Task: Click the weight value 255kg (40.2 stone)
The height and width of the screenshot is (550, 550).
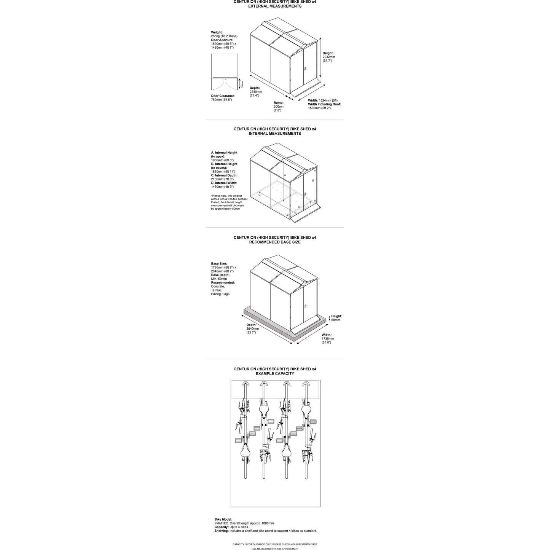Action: pyautogui.click(x=224, y=36)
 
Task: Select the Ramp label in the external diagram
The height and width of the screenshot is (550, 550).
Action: pyautogui.click(x=279, y=103)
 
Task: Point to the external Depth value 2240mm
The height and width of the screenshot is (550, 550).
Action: pyautogui.click(x=256, y=92)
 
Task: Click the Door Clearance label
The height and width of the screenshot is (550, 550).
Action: pyautogui.click(x=223, y=96)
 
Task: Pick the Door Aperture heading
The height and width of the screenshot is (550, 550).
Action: pyautogui.click(x=222, y=40)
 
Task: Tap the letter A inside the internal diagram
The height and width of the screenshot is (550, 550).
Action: pyautogui.click(x=285, y=175)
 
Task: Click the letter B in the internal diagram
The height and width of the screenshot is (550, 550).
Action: pyautogui.click(x=313, y=180)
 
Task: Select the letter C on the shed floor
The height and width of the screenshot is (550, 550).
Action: pyautogui.click(x=260, y=194)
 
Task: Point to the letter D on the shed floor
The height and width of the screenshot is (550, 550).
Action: pyautogui.click(x=299, y=207)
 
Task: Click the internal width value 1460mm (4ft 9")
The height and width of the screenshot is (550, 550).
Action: pyautogui.click(x=222, y=187)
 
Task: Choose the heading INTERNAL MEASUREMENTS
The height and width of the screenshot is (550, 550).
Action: pyautogui.click(x=275, y=134)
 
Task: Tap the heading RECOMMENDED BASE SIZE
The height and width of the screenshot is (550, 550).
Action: pyautogui.click(x=275, y=242)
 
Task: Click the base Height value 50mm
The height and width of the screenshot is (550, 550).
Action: pyautogui.click(x=335, y=320)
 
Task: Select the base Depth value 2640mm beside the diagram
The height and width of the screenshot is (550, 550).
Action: pyautogui.click(x=252, y=328)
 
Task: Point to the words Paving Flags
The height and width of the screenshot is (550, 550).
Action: pyautogui.click(x=220, y=294)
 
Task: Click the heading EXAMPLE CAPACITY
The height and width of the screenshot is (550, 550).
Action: pyautogui.click(x=275, y=374)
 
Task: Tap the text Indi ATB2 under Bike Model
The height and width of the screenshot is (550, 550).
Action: pyautogui.click(x=222, y=523)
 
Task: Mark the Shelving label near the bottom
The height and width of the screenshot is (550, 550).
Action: pyautogui.click(x=222, y=531)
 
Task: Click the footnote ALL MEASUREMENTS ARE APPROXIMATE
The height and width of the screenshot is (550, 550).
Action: pyautogui.click(x=275, y=549)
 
